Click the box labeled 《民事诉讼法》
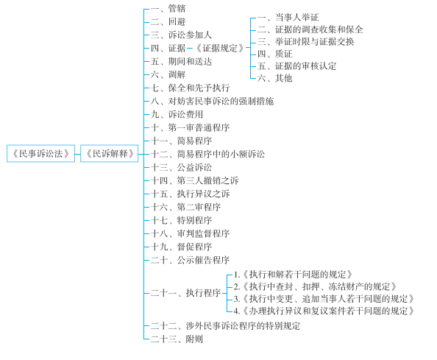point(40,153)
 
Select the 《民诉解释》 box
point(109,153)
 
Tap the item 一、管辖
point(168,8)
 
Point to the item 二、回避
point(168,21)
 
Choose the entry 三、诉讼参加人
point(181,35)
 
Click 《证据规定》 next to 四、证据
point(220,48)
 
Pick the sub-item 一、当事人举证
point(288,17)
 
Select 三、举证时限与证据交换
point(306,42)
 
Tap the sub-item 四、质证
point(274,54)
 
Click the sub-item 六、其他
point(274,78)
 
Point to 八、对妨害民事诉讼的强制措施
point(212,101)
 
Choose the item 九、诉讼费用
point(177,114)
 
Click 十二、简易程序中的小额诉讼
point(207,154)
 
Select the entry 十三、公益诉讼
point(181,167)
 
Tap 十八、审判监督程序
point(190,233)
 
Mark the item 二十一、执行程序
point(185,293)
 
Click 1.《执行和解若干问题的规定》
point(294,275)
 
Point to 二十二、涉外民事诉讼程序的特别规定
point(225,325)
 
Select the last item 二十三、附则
point(177,339)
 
